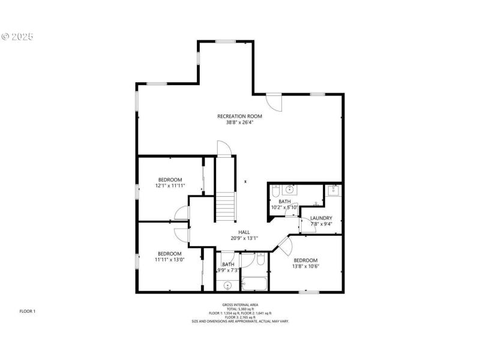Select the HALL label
(244, 232)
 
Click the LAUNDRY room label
(321, 218)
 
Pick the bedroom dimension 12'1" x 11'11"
(170, 186)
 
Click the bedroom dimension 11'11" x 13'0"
(170, 260)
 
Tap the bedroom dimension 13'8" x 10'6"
(305, 266)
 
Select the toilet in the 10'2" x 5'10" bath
(276, 191)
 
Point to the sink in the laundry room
(334, 191)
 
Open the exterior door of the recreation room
(274, 102)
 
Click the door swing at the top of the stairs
(223, 148)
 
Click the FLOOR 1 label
(28, 311)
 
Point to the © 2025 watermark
(17, 37)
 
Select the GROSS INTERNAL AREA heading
(239, 305)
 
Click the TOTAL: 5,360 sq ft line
(239, 309)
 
